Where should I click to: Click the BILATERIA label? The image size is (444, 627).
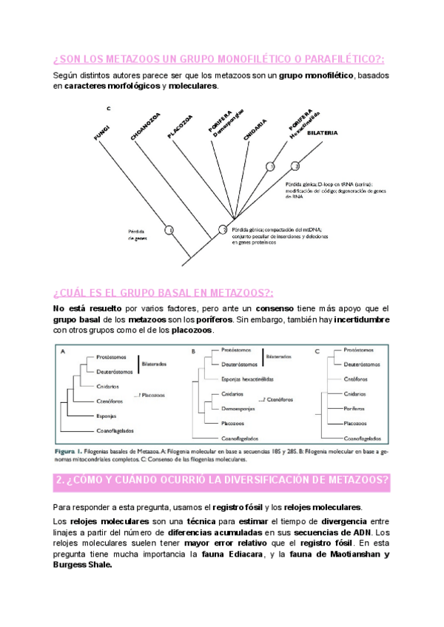click(x=322, y=133)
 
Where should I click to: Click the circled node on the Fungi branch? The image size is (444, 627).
click(x=169, y=231)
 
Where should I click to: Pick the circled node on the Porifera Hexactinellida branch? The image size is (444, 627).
click(x=271, y=166)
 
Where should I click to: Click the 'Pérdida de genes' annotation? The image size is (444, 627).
click(x=137, y=234)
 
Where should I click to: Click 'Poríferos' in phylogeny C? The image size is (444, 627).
click(x=356, y=408)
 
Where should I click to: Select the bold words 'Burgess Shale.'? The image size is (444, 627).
click(x=83, y=565)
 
